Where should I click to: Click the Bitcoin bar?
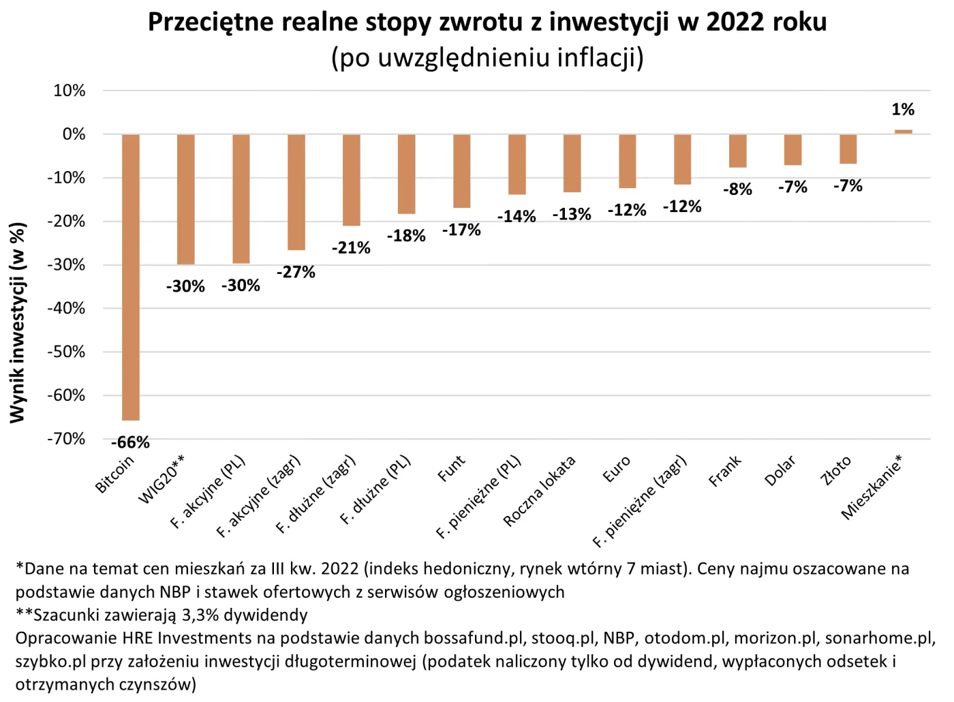131,277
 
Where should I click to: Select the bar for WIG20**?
186,199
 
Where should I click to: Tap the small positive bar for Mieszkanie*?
903,132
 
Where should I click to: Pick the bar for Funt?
462,171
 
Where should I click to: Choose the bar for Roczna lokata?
572,164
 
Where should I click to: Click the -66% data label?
130,442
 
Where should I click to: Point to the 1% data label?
903,109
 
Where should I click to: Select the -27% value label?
296,272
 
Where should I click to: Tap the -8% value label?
737,189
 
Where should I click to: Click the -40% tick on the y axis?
66,308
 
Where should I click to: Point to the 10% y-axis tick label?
70,91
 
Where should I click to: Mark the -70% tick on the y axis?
66,439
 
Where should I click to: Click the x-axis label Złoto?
836,471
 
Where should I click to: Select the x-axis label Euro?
617,470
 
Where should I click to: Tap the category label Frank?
725,471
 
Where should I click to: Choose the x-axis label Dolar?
780,471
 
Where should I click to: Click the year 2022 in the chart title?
735,22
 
